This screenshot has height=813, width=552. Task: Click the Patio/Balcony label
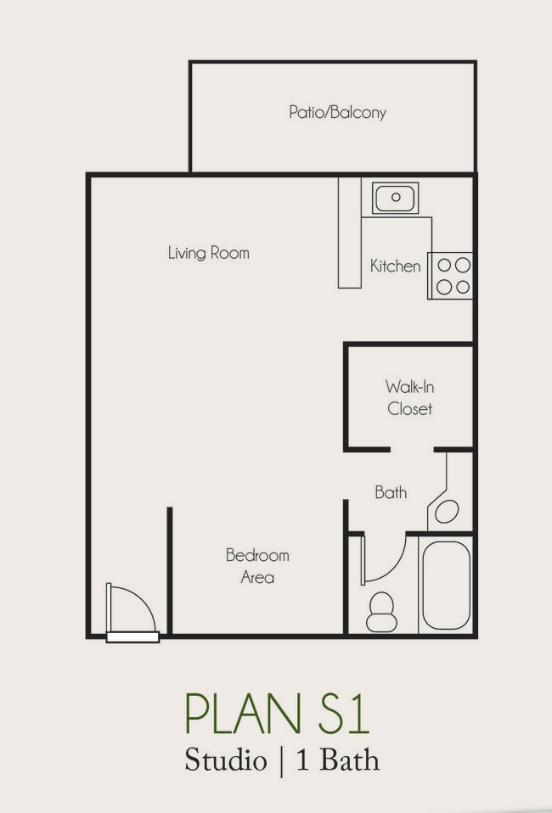(x=337, y=113)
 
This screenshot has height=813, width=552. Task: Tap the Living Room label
(x=209, y=253)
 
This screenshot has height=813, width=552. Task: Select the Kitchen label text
(x=396, y=266)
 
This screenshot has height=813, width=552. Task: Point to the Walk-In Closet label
(x=409, y=398)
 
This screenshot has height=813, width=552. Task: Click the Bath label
(x=391, y=492)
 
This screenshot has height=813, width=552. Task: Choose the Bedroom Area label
(x=257, y=566)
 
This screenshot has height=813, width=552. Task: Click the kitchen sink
(x=396, y=198)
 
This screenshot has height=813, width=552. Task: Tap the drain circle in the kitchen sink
(x=396, y=197)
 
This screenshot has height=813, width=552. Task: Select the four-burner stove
(x=450, y=276)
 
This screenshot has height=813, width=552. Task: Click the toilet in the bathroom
(x=382, y=613)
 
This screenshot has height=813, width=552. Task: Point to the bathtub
(x=446, y=586)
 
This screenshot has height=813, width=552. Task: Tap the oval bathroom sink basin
(x=447, y=512)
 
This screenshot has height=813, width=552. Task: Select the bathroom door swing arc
(x=394, y=569)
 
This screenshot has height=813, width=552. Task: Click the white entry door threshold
(x=132, y=636)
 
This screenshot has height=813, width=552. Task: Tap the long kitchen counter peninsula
(x=350, y=233)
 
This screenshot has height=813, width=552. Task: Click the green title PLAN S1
(x=277, y=714)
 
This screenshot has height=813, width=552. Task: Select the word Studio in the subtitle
(x=226, y=760)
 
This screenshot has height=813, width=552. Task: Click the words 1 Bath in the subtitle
(x=338, y=760)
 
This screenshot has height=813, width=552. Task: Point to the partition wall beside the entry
(x=170, y=570)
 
